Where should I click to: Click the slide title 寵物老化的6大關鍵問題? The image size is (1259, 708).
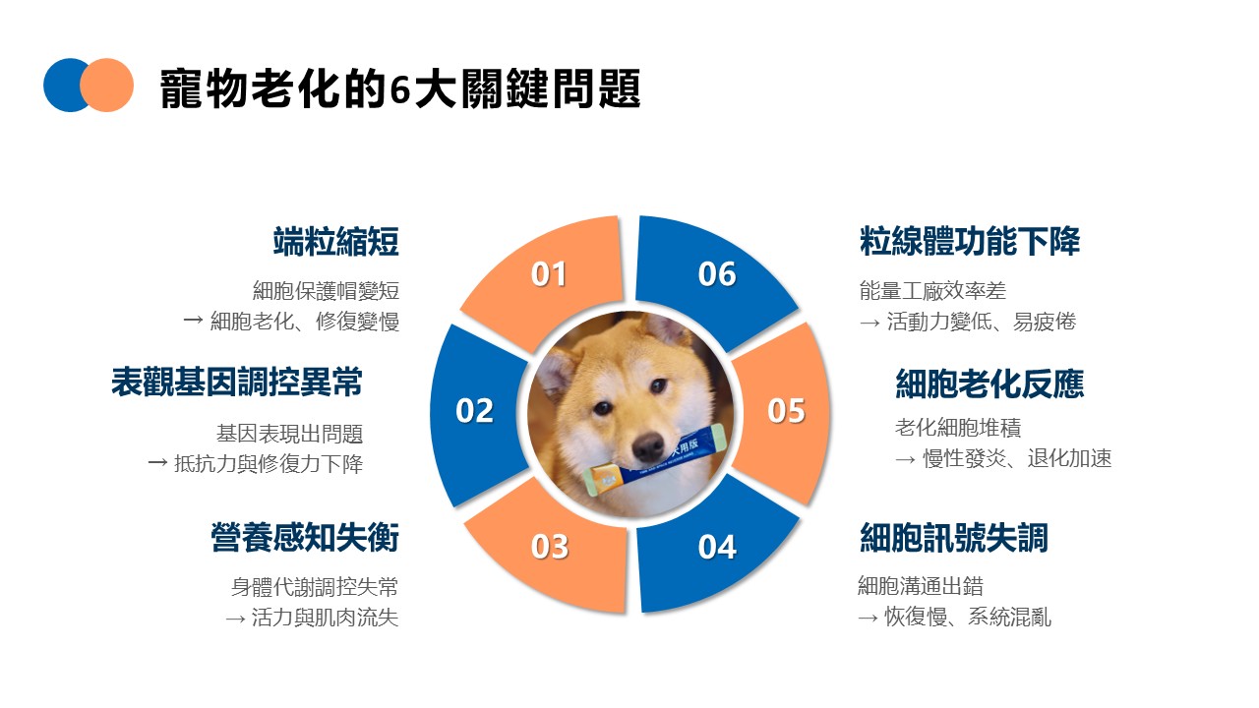(x=400, y=88)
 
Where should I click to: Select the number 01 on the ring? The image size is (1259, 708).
(x=549, y=274)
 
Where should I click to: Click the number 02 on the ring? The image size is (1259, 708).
(x=474, y=410)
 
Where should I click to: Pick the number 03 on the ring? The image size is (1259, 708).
(x=549, y=546)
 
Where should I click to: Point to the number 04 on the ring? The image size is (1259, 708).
(x=717, y=546)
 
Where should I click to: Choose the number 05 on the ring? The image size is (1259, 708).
(x=786, y=410)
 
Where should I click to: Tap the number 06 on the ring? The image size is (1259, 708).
(x=717, y=274)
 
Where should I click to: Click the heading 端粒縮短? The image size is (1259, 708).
(x=336, y=241)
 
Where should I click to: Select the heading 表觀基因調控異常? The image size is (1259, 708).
(x=237, y=383)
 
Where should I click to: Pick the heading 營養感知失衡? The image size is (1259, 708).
(x=305, y=538)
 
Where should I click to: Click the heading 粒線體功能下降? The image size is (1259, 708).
(x=970, y=241)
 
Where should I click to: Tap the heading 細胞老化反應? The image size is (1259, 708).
(x=989, y=383)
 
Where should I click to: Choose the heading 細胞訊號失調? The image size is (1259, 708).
(x=954, y=538)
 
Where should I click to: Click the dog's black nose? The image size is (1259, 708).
(x=649, y=445)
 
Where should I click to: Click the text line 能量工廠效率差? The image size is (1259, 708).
(x=932, y=291)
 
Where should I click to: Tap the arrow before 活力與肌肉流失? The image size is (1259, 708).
(x=235, y=619)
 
